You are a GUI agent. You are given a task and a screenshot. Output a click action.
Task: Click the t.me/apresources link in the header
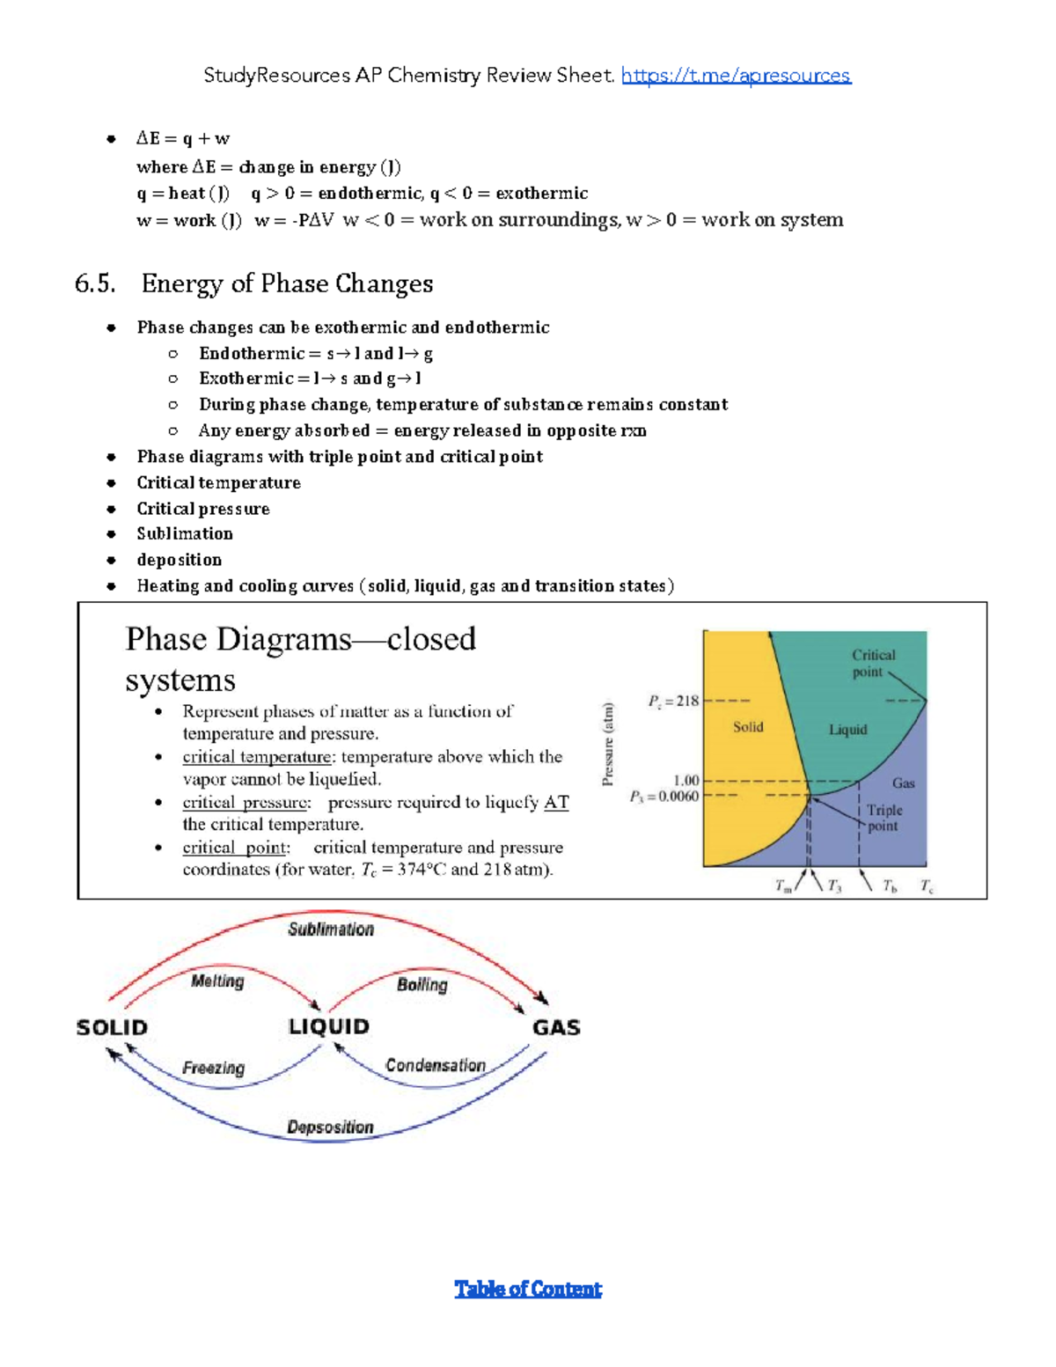click(736, 76)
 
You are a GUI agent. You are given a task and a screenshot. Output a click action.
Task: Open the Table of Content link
click(528, 1290)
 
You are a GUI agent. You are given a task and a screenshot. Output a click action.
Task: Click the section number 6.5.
click(95, 283)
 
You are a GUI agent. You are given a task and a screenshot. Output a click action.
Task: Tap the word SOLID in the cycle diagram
click(112, 1027)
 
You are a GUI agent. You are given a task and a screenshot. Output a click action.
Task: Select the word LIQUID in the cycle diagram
click(329, 1026)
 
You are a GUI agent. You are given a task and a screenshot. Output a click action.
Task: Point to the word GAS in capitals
click(556, 1027)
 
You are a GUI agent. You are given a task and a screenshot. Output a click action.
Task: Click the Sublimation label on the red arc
click(331, 930)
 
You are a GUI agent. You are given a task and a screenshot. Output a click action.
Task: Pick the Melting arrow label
click(217, 981)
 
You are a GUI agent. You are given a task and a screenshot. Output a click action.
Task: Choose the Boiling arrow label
click(422, 985)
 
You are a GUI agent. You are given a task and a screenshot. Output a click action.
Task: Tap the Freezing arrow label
click(214, 1068)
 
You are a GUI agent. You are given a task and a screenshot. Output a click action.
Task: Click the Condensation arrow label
click(436, 1065)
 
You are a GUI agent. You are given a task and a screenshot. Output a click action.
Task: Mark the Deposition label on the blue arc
click(331, 1128)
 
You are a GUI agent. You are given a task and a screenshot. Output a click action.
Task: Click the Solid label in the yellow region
click(748, 727)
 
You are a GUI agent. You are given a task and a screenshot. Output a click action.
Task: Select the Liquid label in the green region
click(847, 730)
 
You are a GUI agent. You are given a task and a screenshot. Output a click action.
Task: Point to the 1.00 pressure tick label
click(686, 781)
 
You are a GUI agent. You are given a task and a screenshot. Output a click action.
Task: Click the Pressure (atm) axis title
click(607, 744)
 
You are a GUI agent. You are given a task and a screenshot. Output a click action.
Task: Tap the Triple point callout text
click(884, 818)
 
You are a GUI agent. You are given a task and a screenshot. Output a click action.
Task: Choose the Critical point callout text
click(873, 664)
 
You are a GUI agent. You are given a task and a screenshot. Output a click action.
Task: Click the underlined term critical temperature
click(257, 757)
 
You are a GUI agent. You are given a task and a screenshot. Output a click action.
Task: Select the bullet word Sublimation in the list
click(185, 534)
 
